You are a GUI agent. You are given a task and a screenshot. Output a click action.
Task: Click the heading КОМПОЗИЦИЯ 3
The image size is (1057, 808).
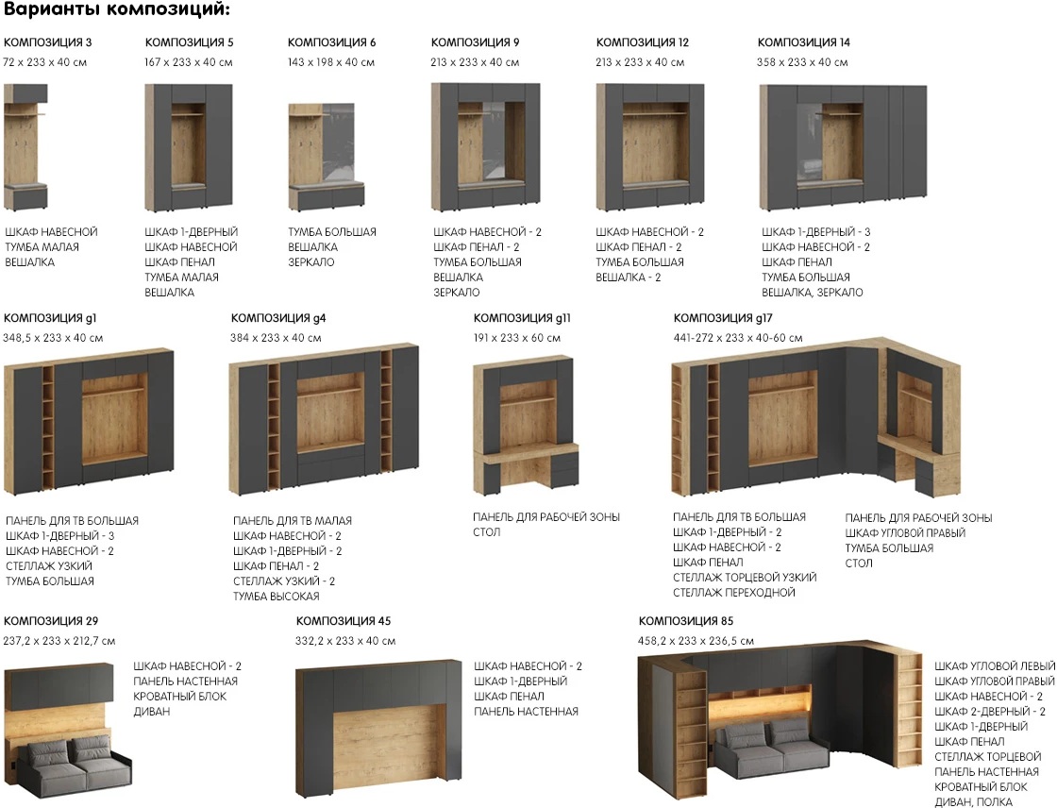[x=48, y=42]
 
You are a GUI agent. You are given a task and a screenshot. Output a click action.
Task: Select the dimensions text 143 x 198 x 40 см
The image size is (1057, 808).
[x=331, y=62]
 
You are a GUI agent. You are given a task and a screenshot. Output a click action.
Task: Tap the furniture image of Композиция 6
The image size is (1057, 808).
[x=327, y=157]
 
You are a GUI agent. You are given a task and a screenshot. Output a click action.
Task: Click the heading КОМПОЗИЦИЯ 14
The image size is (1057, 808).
[x=803, y=42]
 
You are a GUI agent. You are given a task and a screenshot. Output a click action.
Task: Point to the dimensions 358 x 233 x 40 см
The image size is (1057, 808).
[x=802, y=62]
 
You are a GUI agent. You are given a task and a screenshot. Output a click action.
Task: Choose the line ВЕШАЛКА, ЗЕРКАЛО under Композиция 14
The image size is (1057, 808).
[x=813, y=293]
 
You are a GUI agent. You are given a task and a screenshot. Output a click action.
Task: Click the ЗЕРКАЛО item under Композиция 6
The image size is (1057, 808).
[x=310, y=262]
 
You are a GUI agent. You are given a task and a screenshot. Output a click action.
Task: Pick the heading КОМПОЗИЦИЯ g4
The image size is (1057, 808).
[x=278, y=318]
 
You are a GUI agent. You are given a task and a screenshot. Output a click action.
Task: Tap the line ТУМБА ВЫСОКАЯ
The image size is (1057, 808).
[x=277, y=597]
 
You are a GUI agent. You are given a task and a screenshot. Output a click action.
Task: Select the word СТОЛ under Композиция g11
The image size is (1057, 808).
[x=487, y=532]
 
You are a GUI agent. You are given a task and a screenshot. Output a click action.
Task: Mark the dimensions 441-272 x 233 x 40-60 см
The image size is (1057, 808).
[x=738, y=338]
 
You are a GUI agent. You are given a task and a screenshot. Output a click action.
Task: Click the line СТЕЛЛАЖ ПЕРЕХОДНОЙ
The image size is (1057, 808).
[x=734, y=593]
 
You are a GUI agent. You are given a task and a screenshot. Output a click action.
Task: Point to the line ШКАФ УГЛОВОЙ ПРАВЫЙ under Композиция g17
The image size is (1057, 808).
[x=905, y=532]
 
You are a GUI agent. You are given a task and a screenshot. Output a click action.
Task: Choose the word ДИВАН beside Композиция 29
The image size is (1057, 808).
[x=152, y=712]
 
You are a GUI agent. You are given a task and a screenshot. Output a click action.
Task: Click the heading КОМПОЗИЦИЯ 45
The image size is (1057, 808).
[x=344, y=621]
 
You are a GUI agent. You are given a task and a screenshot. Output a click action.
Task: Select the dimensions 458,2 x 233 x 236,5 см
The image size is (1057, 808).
[x=696, y=642]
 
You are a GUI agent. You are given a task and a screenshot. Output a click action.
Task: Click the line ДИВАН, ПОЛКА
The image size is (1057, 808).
[x=973, y=802]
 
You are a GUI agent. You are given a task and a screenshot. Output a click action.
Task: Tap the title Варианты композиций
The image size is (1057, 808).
[x=117, y=10]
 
